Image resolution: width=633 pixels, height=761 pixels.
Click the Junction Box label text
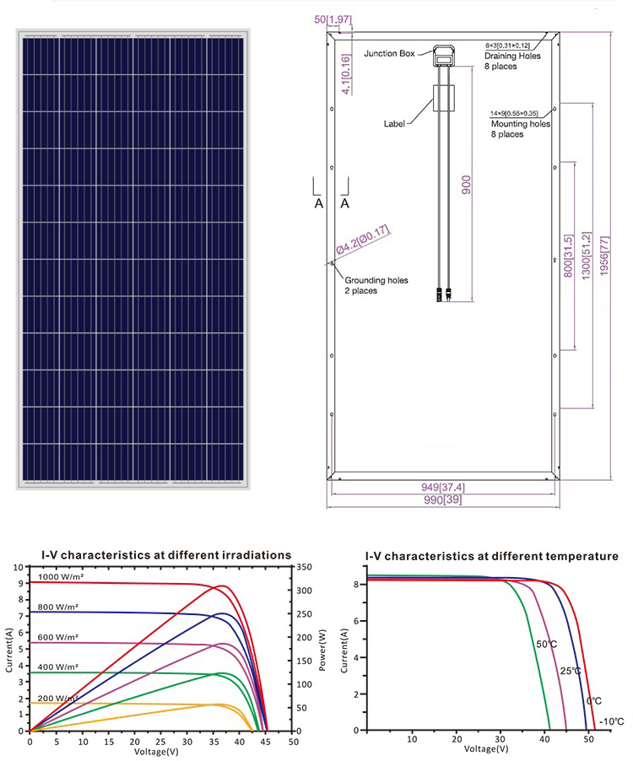(389, 53)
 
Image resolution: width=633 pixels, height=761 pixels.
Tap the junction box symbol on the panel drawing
(443, 56)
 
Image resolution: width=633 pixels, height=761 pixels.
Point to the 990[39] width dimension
(441, 500)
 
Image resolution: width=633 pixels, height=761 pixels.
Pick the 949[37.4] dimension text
(441, 488)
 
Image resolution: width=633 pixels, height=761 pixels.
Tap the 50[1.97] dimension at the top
(332, 19)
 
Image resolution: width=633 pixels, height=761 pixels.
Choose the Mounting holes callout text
(520, 124)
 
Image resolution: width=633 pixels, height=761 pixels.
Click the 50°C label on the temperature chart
(546, 645)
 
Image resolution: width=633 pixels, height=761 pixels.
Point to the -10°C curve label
(611, 721)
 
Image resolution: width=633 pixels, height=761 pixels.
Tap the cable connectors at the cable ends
(442, 294)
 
